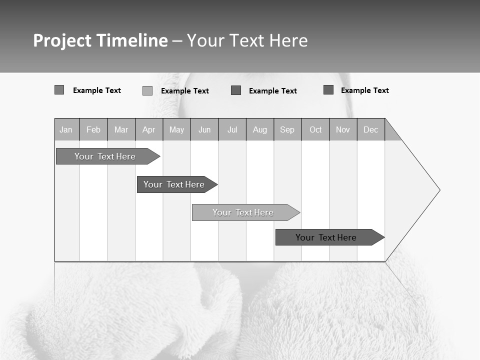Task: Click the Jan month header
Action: tap(66, 130)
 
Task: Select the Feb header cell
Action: tap(93, 130)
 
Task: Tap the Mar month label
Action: tap(121, 130)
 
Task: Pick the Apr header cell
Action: tap(149, 130)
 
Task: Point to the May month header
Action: tap(176, 130)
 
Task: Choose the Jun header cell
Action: tap(204, 130)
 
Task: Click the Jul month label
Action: tap(232, 130)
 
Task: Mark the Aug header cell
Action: tap(260, 130)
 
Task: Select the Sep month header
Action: tap(287, 130)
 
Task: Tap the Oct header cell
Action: tap(315, 130)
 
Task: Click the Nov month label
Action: tap(343, 130)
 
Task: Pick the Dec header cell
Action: tap(371, 130)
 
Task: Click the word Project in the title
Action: tap(62, 40)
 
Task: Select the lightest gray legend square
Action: tap(147, 90)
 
